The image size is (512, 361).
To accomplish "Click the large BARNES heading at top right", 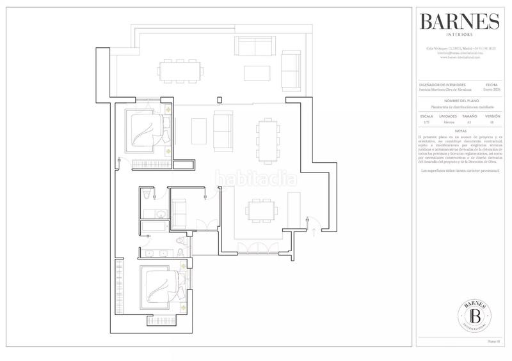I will pos(459,22).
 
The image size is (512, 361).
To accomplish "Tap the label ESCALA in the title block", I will pos(427,117).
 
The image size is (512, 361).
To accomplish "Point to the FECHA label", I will pos(492,85).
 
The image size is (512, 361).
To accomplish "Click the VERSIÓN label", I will pos(492,117).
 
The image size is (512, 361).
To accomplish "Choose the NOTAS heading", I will pos(459,130).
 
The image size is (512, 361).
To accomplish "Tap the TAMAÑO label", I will pos(470,117).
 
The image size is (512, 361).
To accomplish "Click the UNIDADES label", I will pos(448,117).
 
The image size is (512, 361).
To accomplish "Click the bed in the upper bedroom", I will pos(148,128).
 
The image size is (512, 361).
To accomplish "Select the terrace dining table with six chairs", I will pos(178,71).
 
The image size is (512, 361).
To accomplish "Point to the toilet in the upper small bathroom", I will pos(147,194).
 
